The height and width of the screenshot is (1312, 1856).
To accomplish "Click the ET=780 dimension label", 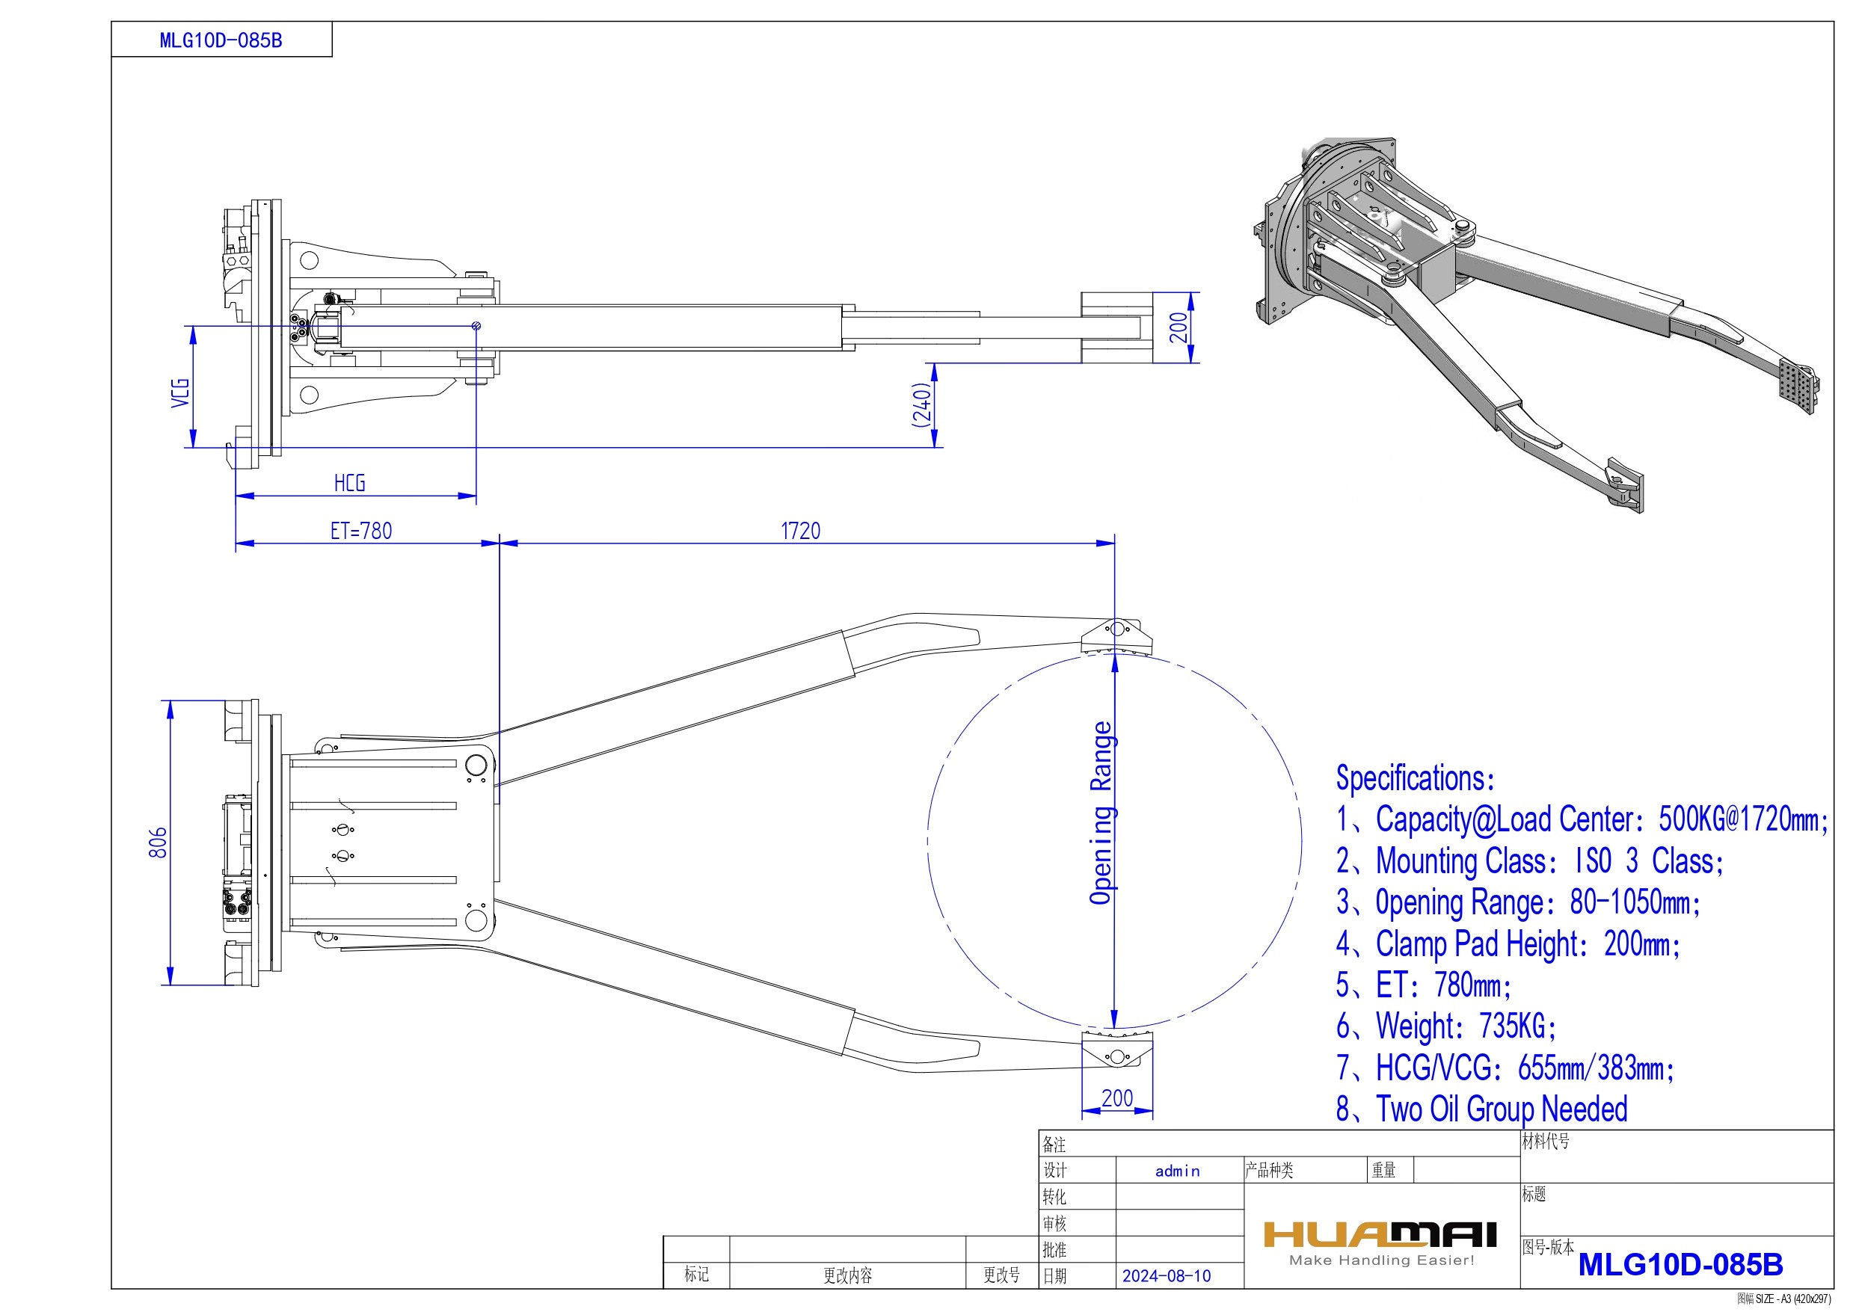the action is (x=360, y=531).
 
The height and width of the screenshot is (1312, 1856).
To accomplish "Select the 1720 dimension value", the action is (x=800, y=531).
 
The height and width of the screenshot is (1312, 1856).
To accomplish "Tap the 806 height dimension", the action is (x=159, y=843).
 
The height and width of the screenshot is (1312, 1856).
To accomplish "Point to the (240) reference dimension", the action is (x=921, y=404).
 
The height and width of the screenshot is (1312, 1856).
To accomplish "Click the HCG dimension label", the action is (x=349, y=484).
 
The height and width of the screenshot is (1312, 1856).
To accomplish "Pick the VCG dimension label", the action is (x=180, y=393).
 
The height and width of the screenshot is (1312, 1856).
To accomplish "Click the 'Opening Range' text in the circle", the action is (x=1101, y=813).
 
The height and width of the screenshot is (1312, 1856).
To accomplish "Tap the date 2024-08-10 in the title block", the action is (x=1166, y=1275).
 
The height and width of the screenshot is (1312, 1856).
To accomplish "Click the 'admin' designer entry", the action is (x=1177, y=1171).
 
